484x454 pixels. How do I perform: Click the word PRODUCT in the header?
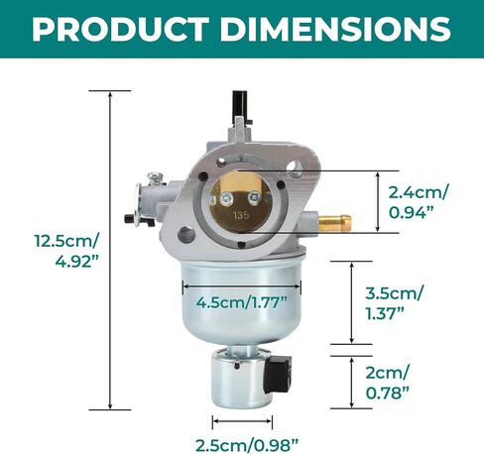click(x=121, y=28)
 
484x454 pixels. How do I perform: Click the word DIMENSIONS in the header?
click(x=335, y=28)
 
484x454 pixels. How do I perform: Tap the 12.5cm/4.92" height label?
click(x=67, y=251)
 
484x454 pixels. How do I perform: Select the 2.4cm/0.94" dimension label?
click(x=419, y=202)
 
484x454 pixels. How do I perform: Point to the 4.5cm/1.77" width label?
click(x=241, y=302)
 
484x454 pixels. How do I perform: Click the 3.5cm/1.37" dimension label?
click(x=394, y=302)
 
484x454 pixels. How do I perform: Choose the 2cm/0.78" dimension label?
click(x=387, y=383)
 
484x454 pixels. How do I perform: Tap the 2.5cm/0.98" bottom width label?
click(x=247, y=445)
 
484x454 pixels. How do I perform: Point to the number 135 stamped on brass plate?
click(x=241, y=215)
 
